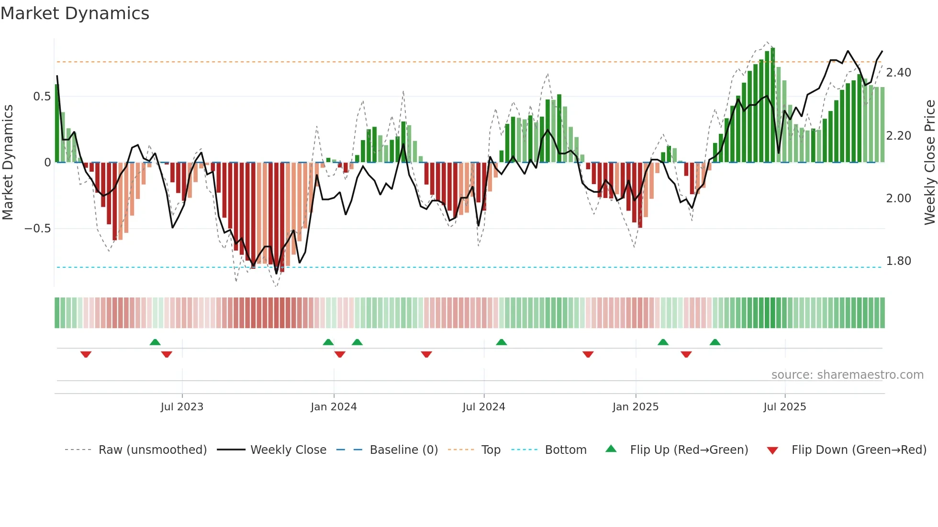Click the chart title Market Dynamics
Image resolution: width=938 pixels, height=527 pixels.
click(75, 13)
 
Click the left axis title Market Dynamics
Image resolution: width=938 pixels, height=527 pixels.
click(8, 163)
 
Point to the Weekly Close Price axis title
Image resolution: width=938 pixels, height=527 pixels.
click(929, 163)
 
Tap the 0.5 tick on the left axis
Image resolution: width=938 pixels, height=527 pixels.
click(42, 97)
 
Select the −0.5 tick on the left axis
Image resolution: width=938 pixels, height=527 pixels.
click(38, 229)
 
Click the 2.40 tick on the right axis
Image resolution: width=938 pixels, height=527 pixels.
click(898, 73)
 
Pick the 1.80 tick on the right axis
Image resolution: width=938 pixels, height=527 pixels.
click(898, 261)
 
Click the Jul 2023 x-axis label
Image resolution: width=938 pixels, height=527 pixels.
click(182, 407)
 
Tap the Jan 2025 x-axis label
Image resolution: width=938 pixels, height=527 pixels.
click(635, 407)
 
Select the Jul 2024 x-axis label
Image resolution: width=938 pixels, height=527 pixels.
click(483, 407)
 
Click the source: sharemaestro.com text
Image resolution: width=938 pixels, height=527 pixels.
click(847, 375)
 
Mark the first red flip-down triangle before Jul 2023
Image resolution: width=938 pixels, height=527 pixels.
click(86, 354)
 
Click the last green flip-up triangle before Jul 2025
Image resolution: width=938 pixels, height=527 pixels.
click(715, 342)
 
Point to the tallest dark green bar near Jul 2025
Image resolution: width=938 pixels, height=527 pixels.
click(772, 105)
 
